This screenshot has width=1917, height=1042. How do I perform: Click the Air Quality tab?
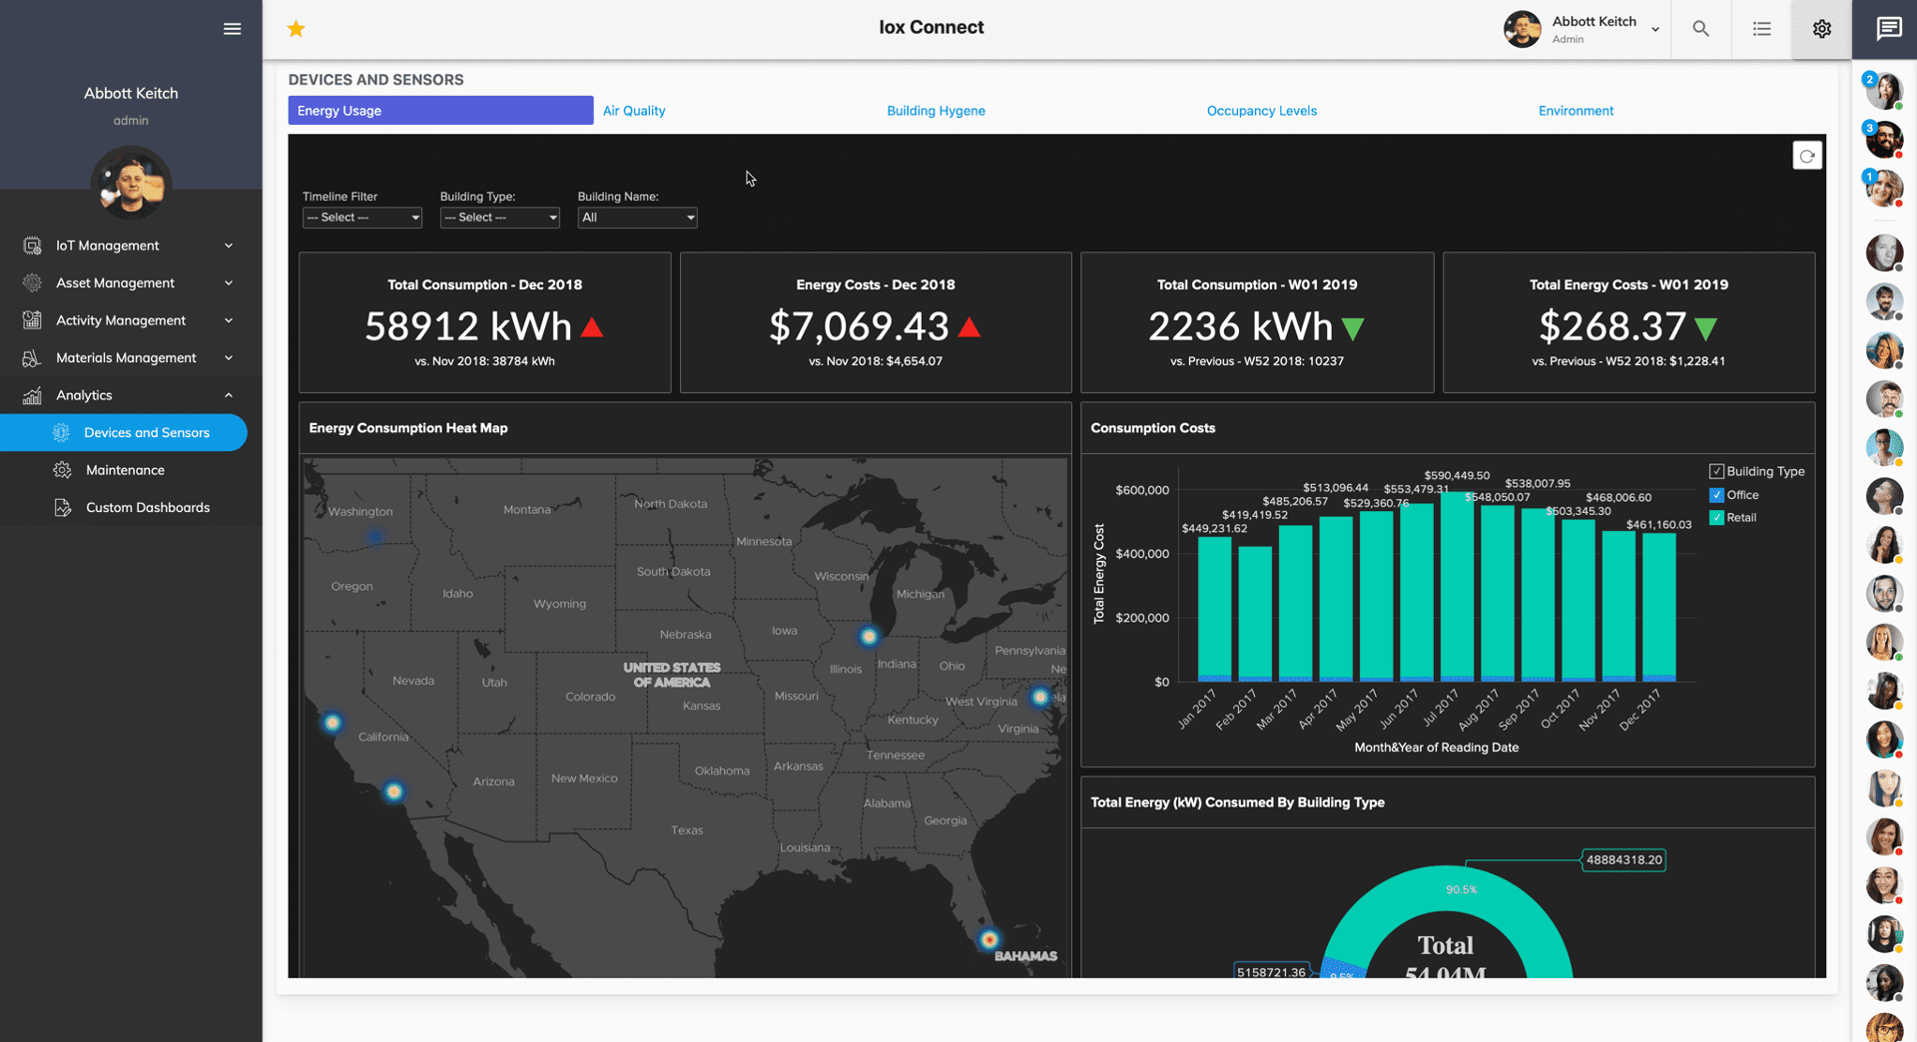point(633,111)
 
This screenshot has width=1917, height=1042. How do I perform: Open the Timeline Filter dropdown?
point(361,218)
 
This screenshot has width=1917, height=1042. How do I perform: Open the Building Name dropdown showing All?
point(636,218)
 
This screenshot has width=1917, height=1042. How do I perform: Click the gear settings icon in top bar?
point(1821,29)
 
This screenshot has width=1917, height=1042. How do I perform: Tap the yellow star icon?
point(296,29)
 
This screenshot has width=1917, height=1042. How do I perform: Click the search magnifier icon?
point(1700,29)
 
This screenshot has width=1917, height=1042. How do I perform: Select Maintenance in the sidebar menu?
point(125,470)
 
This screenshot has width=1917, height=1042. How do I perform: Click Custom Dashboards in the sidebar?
point(148,507)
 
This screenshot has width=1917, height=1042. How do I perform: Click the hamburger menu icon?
point(232,29)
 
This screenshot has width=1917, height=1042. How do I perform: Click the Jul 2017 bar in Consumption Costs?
point(1457,589)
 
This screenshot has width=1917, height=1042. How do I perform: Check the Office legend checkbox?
point(1716,495)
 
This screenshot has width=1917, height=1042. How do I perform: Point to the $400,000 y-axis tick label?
point(1142,554)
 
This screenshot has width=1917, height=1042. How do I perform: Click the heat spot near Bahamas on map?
point(988,939)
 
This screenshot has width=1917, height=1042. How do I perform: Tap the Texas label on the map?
point(687,830)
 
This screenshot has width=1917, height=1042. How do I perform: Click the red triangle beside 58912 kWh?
point(592,327)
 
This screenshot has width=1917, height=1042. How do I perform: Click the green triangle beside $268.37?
point(1706,328)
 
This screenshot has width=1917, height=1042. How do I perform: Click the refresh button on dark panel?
point(1806,156)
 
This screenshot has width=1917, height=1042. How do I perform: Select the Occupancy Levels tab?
point(1261,111)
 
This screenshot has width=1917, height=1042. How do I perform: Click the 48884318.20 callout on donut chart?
point(1623,859)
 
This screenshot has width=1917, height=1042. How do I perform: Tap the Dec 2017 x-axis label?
point(1639,710)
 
